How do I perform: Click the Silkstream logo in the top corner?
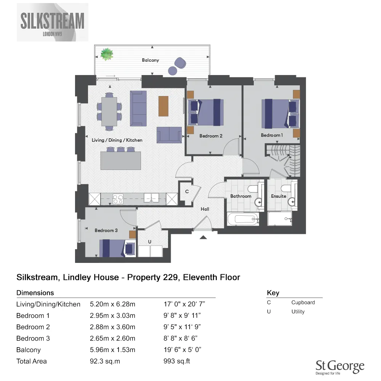[x=53, y=22]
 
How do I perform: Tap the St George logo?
[x=340, y=367]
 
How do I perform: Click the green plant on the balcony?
[x=107, y=54]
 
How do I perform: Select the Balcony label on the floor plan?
[x=150, y=60]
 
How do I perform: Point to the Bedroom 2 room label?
[x=211, y=136]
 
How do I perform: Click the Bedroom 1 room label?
[x=272, y=135]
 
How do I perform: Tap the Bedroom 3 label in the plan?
[x=106, y=230]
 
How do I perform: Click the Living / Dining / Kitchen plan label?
[x=117, y=140]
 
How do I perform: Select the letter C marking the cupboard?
[x=187, y=192]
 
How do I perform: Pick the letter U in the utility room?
[x=150, y=242]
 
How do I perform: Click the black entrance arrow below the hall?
[x=203, y=237]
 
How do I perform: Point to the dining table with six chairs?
[x=109, y=111]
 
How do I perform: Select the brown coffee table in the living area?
[x=163, y=106]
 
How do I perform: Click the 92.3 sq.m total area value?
[x=105, y=361]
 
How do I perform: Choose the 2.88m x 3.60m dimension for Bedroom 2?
[x=112, y=327]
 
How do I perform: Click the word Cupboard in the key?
[x=303, y=303]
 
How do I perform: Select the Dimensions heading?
[x=35, y=293]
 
